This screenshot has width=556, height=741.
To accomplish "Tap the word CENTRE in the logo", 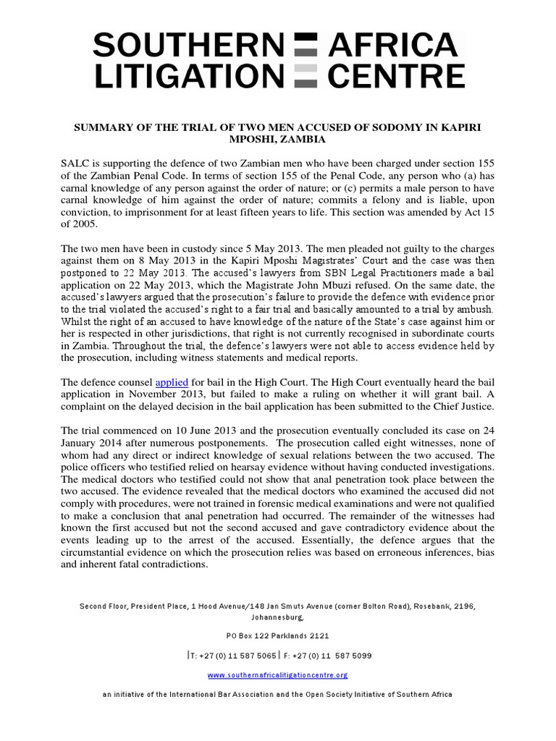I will [x=395, y=76].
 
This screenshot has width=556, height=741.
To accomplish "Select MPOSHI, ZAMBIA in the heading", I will [x=277, y=139].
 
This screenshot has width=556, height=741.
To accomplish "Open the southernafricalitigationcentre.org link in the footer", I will [x=277, y=674].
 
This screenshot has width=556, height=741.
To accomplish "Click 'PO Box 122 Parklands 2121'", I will [x=277, y=635].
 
